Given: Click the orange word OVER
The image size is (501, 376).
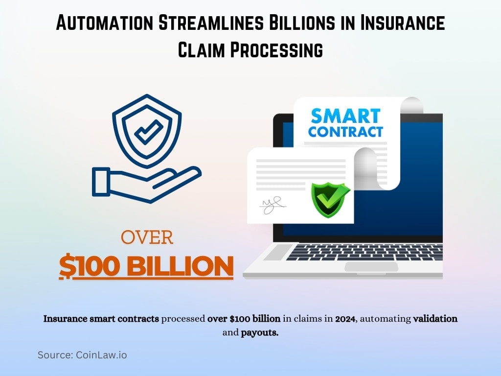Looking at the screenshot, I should click(x=147, y=238).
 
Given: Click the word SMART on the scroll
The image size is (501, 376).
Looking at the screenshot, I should click(x=346, y=116).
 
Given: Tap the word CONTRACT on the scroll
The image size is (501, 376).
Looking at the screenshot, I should click(x=345, y=132).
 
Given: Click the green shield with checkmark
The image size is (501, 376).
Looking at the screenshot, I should click(x=330, y=200).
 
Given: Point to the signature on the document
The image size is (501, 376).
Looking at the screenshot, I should click(x=272, y=205).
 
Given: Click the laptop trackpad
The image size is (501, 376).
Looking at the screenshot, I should click(x=371, y=267).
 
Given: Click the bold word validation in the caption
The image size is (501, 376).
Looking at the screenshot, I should click(x=435, y=319).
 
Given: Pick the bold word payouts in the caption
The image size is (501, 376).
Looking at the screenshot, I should click(x=259, y=333).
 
